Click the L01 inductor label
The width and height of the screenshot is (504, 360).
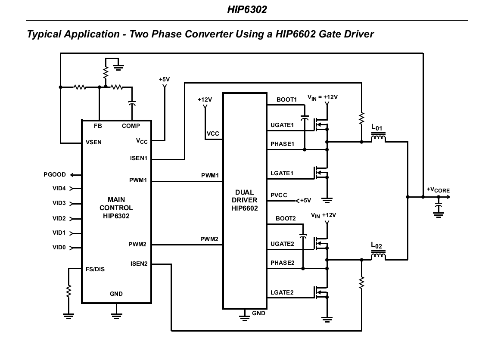tap(376, 128)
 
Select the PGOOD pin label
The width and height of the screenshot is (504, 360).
tap(55, 175)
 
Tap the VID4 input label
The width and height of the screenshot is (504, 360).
tap(59, 188)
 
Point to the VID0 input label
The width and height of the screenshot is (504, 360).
tap(59, 248)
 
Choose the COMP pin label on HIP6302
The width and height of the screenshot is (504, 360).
tap(131, 126)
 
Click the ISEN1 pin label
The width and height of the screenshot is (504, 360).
tap(139, 158)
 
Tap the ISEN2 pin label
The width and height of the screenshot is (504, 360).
tap(139, 264)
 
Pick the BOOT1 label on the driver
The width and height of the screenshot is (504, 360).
tap(286, 100)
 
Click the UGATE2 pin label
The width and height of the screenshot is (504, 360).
tap(282, 244)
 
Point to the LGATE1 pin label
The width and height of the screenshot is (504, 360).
tap(282, 173)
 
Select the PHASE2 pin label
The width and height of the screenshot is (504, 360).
tap(282, 263)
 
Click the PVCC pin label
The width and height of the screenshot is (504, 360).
tap(279, 196)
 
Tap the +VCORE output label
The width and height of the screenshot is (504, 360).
tap(438, 190)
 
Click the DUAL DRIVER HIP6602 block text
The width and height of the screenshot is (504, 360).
tap(244, 200)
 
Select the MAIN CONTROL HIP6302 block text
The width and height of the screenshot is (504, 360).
tap(116, 208)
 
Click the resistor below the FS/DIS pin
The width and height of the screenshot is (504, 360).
tap(68, 292)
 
